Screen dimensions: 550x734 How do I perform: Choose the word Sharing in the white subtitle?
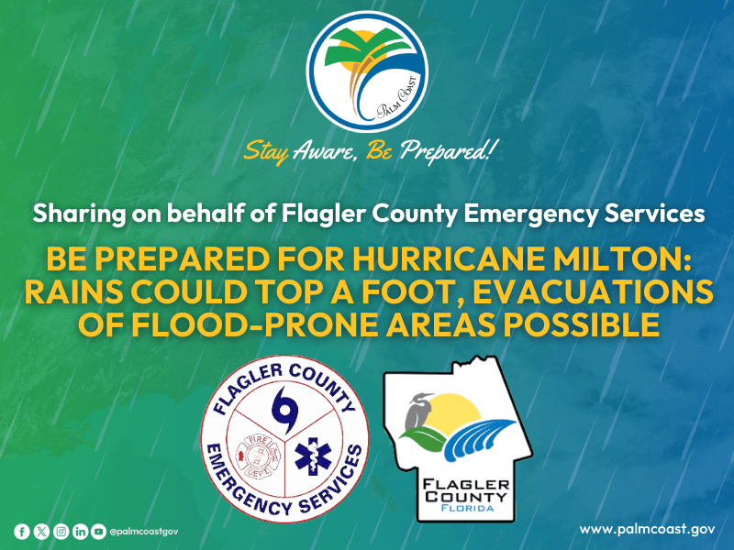tap(74, 214)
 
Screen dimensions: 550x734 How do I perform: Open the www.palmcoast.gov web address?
tap(647, 529)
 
